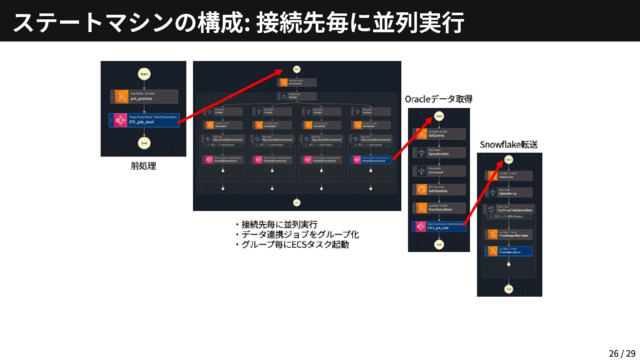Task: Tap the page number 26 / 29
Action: (x=622, y=353)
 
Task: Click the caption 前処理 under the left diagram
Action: (x=143, y=166)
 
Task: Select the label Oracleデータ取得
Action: (x=438, y=99)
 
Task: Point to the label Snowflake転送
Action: (x=509, y=145)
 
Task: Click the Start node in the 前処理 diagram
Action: (x=144, y=74)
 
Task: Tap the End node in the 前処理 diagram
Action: (x=144, y=143)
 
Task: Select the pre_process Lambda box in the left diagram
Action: (x=144, y=96)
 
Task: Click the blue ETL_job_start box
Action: (x=144, y=120)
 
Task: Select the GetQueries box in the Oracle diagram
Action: (x=439, y=134)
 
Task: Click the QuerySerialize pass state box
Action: (x=439, y=152)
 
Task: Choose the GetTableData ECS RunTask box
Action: (x=439, y=189)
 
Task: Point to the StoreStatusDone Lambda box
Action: (x=439, y=208)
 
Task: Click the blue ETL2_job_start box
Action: (x=439, y=226)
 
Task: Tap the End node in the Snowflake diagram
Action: (x=508, y=289)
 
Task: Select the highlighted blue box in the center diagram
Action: (x=370, y=160)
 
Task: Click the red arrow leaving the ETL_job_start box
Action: (x=230, y=96)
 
